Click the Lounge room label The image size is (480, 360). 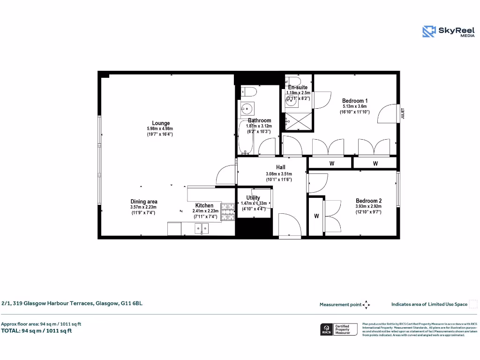[161, 123]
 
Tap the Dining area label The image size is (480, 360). [143, 202]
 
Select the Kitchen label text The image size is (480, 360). [204, 205]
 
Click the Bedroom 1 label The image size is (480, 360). [355, 101]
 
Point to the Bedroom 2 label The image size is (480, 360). [368, 201]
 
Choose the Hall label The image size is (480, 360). [280, 167]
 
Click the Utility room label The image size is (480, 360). [253, 198]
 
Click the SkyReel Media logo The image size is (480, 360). [443, 31]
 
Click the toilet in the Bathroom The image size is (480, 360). [248, 91]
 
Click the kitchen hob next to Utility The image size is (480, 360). [228, 211]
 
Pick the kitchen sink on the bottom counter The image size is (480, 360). [202, 229]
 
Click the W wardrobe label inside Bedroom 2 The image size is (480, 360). [316, 216]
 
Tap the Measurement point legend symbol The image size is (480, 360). [367, 305]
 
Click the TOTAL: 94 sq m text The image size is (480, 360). [36, 330]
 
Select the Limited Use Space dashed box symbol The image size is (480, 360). [473, 304]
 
